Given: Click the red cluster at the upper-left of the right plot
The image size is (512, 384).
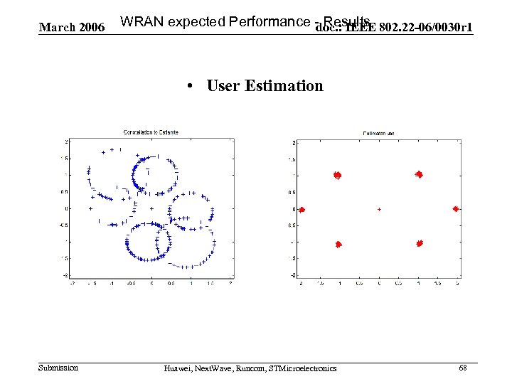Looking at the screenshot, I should click(338, 175).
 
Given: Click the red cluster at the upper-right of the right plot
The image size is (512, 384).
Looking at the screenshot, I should click(420, 174).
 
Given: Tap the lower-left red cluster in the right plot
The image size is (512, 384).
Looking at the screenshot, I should click(338, 244).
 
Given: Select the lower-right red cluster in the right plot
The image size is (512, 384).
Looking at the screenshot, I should click(420, 243).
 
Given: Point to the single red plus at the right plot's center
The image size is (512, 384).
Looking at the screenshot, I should click(379, 210).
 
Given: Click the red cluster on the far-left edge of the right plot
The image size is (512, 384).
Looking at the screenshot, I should click(302, 210).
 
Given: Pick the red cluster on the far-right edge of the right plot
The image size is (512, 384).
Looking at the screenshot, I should click(456, 209).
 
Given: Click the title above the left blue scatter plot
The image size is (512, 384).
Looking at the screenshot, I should click(151, 132).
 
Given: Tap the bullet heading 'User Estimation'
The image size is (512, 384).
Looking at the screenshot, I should click(265, 86).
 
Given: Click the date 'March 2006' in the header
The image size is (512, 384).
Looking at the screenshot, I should click(71, 28).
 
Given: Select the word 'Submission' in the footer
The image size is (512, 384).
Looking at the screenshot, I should click(58, 368).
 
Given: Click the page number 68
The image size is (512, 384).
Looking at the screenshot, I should click(463, 368).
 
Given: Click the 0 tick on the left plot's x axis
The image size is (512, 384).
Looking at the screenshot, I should click(151, 282).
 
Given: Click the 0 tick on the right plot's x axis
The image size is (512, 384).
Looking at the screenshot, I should click(379, 283).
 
